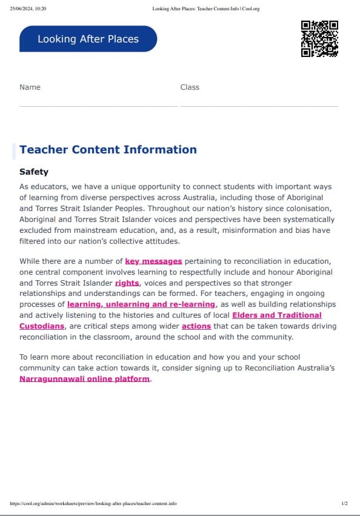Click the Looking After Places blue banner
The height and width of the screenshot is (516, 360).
(x=88, y=39)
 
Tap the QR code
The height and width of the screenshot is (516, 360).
(x=319, y=39)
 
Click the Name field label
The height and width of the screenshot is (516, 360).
(x=30, y=87)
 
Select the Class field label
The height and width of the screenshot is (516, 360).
(x=190, y=87)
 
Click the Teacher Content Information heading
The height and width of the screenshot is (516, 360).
(x=108, y=150)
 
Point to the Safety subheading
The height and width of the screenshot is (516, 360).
(x=34, y=172)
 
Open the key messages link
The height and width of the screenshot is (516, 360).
(x=153, y=261)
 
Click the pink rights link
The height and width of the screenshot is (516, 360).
(x=127, y=283)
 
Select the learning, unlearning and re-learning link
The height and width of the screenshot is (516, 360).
(x=141, y=304)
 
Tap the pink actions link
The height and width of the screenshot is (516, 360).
(x=196, y=326)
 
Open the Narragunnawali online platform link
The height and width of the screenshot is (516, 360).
(x=84, y=379)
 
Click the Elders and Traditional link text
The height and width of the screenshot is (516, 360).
(x=277, y=315)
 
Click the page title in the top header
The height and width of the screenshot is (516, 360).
(x=207, y=9)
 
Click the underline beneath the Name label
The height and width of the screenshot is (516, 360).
(x=98, y=106)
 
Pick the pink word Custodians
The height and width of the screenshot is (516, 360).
(x=42, y=326)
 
